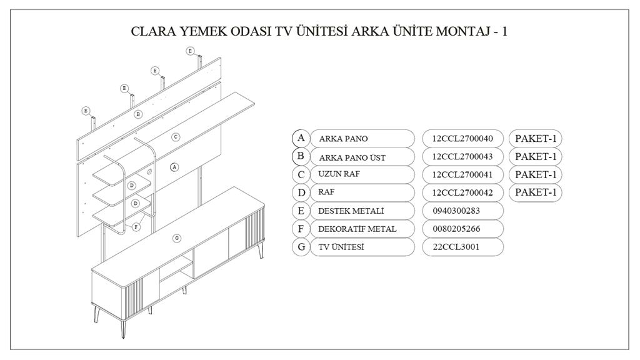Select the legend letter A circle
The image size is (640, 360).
(x=301, y=138)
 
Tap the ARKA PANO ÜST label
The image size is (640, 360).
(x=352, y=157)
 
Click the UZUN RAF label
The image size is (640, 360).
(x=339, y=174)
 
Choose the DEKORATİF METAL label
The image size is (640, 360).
(x=357, y=229)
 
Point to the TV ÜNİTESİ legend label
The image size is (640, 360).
(x=341, y=247)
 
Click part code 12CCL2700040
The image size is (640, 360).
(x=462, y=138)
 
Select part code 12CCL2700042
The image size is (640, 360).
(x=462, y=192)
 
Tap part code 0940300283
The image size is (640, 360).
(x=456, y=211)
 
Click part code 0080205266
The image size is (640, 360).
(x=456, y=229)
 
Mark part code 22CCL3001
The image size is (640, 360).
(x=456, y=246)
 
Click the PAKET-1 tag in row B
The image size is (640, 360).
(x=536, y=156)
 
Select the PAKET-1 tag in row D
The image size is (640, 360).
(x=536, y=192)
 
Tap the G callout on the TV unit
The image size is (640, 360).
(x=177, y=238)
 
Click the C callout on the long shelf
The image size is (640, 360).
(x=176, y=137)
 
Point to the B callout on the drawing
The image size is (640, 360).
(x=138, y=114)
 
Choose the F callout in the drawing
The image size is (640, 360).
(x=136, y=227)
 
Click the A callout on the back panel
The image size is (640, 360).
(x=174, y=167)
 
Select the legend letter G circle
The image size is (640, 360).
(x=301, y=247)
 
